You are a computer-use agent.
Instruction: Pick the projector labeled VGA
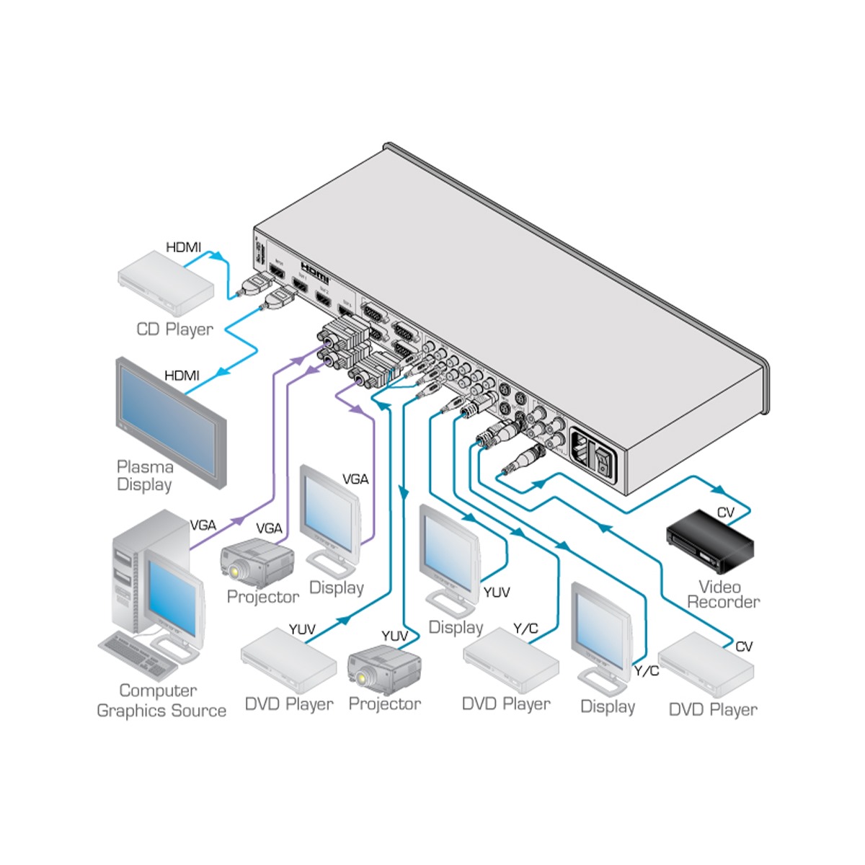coord(257,563)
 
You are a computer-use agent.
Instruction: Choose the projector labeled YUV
coord(384,670)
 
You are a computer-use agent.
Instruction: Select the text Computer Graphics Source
coord(161,701)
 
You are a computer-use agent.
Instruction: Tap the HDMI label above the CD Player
coord(183,247)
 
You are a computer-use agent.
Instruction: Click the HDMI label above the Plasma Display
coord(182,376)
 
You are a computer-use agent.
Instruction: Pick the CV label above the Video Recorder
coord(726,513)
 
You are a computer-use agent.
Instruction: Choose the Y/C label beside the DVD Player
coord(525,629)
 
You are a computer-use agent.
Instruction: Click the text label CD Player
coord(174,329)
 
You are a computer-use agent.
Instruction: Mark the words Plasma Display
coord(145,476)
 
